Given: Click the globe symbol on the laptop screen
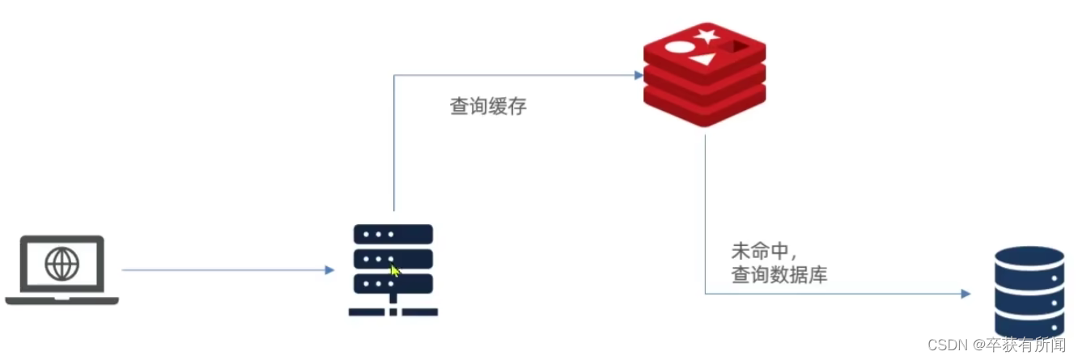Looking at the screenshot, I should [62, 264].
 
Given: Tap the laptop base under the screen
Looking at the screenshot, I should [62, 300].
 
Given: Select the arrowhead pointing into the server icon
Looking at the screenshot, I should [329, 269].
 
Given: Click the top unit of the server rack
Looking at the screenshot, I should [393, 235].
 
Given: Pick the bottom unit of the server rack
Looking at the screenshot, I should [393, 284].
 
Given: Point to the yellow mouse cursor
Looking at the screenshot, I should [396, 270].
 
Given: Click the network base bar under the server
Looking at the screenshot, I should [393, 311].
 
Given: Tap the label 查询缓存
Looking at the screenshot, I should [488, 107].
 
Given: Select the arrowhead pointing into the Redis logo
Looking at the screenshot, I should [639, 75].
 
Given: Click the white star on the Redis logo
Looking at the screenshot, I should [707, 35].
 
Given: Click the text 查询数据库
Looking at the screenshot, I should [779, 275].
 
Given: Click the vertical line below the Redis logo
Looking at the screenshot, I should [705, 210].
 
